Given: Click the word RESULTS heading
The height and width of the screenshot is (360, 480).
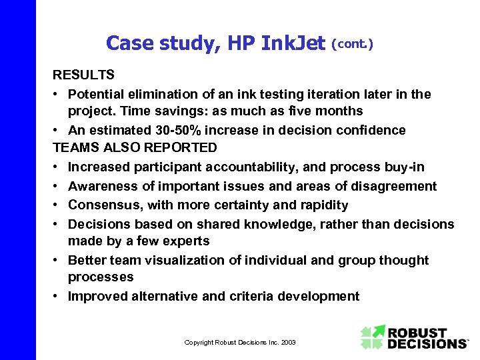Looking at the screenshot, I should [83, 74].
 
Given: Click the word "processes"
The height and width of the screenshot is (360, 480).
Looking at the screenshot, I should [101, 277].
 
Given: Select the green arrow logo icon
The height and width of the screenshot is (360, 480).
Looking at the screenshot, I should [373, 337].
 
